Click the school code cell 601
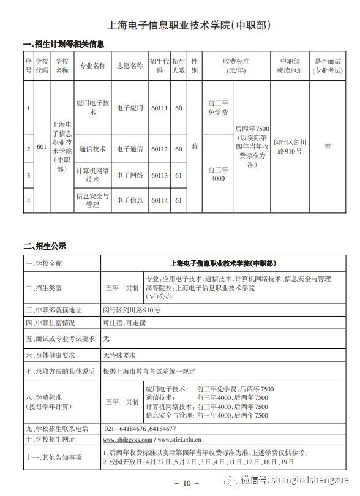pyautogui.click(x=42, y=147)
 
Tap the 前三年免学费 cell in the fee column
pyautogui.click(x=217, y=108)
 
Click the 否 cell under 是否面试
pyautogui.click(x=328, y=147)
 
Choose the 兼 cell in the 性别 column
pyautogui.click(x=194, y=147)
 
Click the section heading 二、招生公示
pyautogui.click(x=45, y=246)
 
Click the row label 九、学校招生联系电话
pyautogui.click(x=57, y=429)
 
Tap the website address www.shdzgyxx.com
pyautogui.click(x=127, y=440)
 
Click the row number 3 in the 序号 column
pyautogui.click(x=29, y=175)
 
